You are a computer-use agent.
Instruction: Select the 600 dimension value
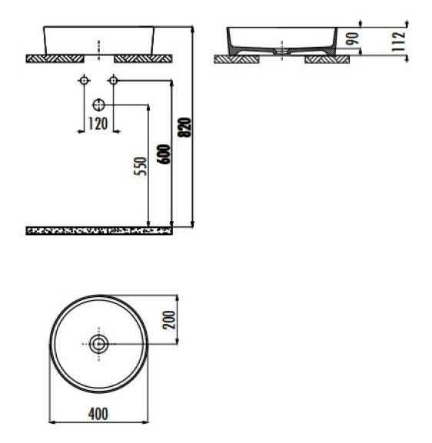click(x=164, y=154)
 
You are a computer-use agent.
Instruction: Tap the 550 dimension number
click(x=141, y=166)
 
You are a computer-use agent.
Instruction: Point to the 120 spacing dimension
click(x=98, y=124)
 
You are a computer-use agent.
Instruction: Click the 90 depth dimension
click(x=353, y=38)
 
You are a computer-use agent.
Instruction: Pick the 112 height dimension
click(x=399, y=41)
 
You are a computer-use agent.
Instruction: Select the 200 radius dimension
click(x=169, y=319)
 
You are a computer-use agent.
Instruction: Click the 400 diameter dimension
click(x=98, y=414)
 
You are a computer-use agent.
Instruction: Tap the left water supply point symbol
click(x=84, y=81)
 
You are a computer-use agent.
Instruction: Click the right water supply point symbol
click(x=113, y=81)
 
